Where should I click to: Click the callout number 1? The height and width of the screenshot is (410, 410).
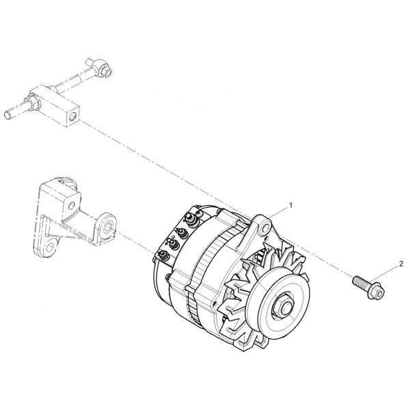click(290, 206)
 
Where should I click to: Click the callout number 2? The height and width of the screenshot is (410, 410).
click(401, 264)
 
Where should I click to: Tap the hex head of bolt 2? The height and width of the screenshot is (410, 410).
click(377, 293)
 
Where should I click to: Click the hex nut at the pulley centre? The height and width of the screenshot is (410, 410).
click(282, 307)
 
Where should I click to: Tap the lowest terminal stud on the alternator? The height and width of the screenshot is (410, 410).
click(164, 255)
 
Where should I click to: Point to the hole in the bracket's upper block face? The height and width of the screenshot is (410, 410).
click(71, 206)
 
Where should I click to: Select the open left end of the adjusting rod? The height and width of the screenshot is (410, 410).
click(8, 115)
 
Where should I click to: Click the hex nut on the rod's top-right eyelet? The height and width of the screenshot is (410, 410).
click(106, 71)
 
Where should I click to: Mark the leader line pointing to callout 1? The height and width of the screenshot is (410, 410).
click(279, 213)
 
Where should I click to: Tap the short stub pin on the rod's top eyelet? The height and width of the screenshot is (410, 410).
click(90, 63)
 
